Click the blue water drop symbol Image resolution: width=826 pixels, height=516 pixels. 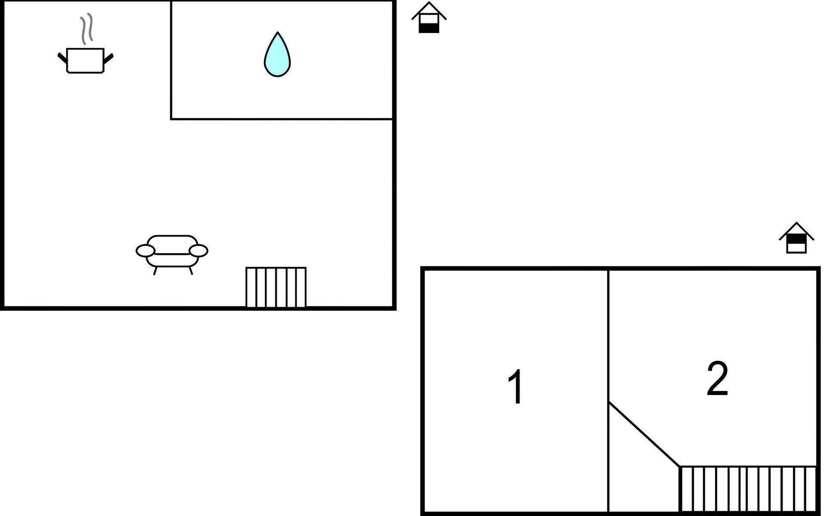click(277, 55)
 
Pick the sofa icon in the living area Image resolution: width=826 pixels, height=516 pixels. click(172, 255)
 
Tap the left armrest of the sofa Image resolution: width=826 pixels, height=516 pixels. click(145, 251)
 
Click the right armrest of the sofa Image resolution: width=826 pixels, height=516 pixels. click(198, 251)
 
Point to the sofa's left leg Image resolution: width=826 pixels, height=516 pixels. click(155, 271)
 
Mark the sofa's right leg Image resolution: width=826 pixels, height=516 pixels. click(191, 271)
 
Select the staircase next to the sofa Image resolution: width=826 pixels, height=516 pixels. click(276, 287)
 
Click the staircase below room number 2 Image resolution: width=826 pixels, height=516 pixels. click(748, 489)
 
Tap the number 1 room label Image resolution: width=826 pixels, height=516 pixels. click(515, 387)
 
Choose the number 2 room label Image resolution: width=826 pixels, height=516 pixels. click(717, 378)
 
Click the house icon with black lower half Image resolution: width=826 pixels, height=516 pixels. click(429, 17)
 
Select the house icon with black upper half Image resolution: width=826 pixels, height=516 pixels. click(796, 238)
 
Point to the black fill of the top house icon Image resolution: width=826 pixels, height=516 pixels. click(429, 28)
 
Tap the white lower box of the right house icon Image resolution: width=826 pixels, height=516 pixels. click(796, 248)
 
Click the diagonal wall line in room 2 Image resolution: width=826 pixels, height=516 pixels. click(644, 434)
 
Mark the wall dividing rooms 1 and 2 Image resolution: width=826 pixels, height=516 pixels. click(608, 390)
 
